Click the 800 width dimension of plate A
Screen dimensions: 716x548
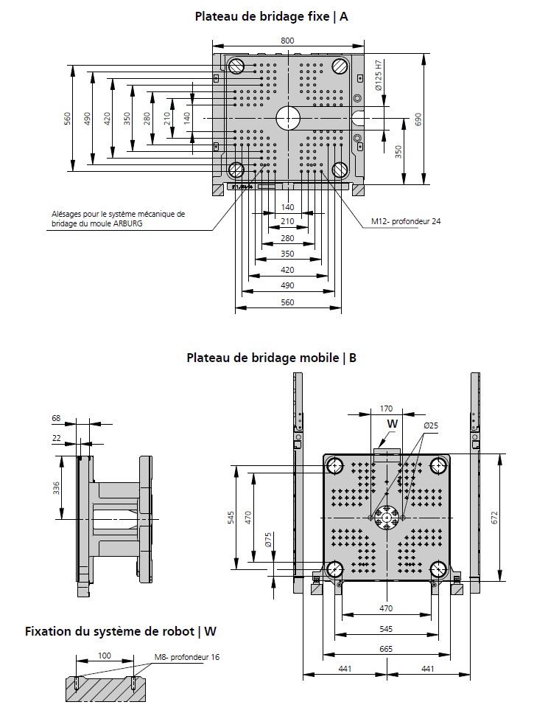point(288,41)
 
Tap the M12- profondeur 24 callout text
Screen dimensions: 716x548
point(406,220)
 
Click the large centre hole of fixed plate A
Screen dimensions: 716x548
point(288,118)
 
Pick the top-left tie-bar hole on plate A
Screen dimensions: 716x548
point(236,66)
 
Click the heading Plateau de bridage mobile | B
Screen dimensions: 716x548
point(272,358)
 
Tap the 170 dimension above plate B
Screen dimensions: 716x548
point(386,408)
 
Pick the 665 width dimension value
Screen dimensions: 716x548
point(386,649)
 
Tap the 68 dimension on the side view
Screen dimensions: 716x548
point(56,419)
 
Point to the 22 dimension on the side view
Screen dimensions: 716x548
point(56,438)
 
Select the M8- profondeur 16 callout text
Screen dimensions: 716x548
point(186,656)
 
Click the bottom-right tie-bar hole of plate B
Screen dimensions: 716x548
point(439,569)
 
